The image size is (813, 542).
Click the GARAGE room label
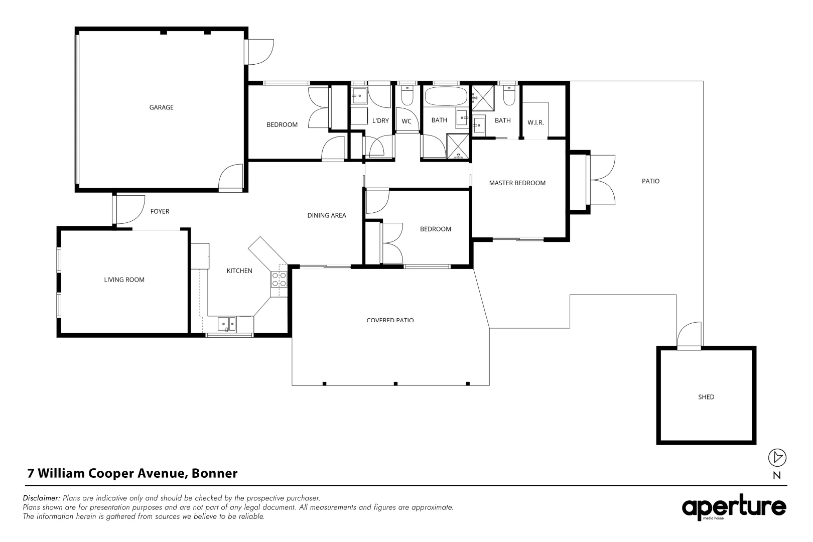161,107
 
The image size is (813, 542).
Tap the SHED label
706,397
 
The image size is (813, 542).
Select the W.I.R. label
535,122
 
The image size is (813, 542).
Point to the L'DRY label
380,120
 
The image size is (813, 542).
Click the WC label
406,121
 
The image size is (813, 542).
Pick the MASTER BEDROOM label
517,183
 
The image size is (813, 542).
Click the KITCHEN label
239,271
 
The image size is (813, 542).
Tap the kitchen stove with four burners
279,280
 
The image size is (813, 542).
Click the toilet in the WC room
407,96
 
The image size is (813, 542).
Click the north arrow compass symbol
777,457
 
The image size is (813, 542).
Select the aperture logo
733,508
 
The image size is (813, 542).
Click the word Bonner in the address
215,473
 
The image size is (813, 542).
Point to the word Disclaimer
42,498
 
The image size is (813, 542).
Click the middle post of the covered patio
395,384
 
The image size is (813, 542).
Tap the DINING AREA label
327,216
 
